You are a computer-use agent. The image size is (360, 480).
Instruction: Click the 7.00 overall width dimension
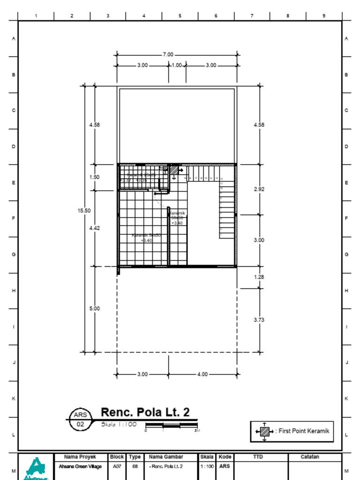pyautogui.click(x=168, y=55)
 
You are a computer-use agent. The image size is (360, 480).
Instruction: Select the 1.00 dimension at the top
pyautogui.click(x=177, y=66)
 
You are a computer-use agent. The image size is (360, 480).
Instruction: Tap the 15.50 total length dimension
pyautogui.click(x=84, y=211)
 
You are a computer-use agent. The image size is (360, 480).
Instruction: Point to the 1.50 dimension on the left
pyautogui.click(x=94, y=178)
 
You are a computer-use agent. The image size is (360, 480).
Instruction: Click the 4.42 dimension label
pyautogui.click(x=94, y=228)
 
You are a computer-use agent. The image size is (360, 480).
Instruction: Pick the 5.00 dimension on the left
pyautogui.click(x=94, y=309)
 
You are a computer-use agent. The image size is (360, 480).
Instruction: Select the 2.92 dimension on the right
pyautogui.click(x=259, y=189)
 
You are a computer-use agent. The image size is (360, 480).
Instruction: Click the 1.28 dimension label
pyautogui.click(x=259, y=277)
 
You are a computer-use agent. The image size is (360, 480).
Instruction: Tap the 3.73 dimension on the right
pyautogui.click(x=259, y=320)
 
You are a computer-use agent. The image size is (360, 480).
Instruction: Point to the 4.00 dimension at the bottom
pyautogui.click(x=202, y=375)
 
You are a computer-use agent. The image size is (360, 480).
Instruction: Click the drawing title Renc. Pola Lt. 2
pyautogui.click(x=145, y=412)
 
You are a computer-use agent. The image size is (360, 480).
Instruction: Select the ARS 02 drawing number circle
pyautogui.click(x=80, y=420)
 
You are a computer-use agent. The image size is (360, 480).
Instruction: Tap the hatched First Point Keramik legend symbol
pyautogui.click(x=265, y=431)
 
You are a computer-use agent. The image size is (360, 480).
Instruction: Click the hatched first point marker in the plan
pyautogui.click(x=174, y=170)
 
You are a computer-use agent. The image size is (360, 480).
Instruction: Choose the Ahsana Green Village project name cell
pyautogui.click(x=81, y=466)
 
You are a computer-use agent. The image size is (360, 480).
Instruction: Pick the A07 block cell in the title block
pyautogui.click(x=117, y=466)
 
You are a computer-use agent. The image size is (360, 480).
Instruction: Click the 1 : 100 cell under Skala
pyautogui.click(x=207, y=466)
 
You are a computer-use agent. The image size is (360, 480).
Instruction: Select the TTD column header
pyautogui.click(x=258, y=457)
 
